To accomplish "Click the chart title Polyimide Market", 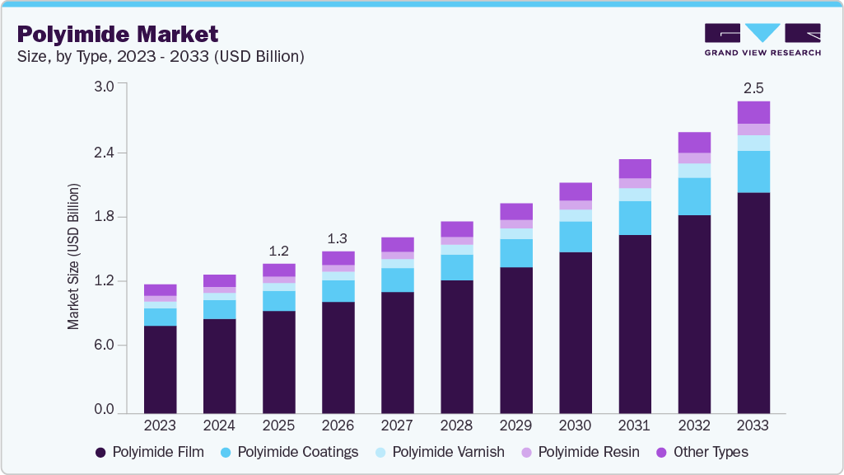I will click(118, 34).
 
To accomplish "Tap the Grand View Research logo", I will click(762, 40).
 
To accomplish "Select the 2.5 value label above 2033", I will click(753, 87).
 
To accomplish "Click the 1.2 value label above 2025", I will click(279, 251).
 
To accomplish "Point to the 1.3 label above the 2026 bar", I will click(338, 238).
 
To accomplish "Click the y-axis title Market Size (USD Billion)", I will click(74, 256).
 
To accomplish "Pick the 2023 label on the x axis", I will click(160, 426).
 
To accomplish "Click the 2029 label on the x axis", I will click(516, 426).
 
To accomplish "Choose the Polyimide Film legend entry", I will click(152, 452).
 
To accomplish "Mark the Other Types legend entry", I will click(702, 452).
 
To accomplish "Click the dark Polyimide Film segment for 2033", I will click(753, 302).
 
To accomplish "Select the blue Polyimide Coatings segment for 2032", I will click(694, 196).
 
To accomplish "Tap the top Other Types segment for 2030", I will click(576, 191).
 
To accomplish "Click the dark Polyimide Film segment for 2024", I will click(220, 365).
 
